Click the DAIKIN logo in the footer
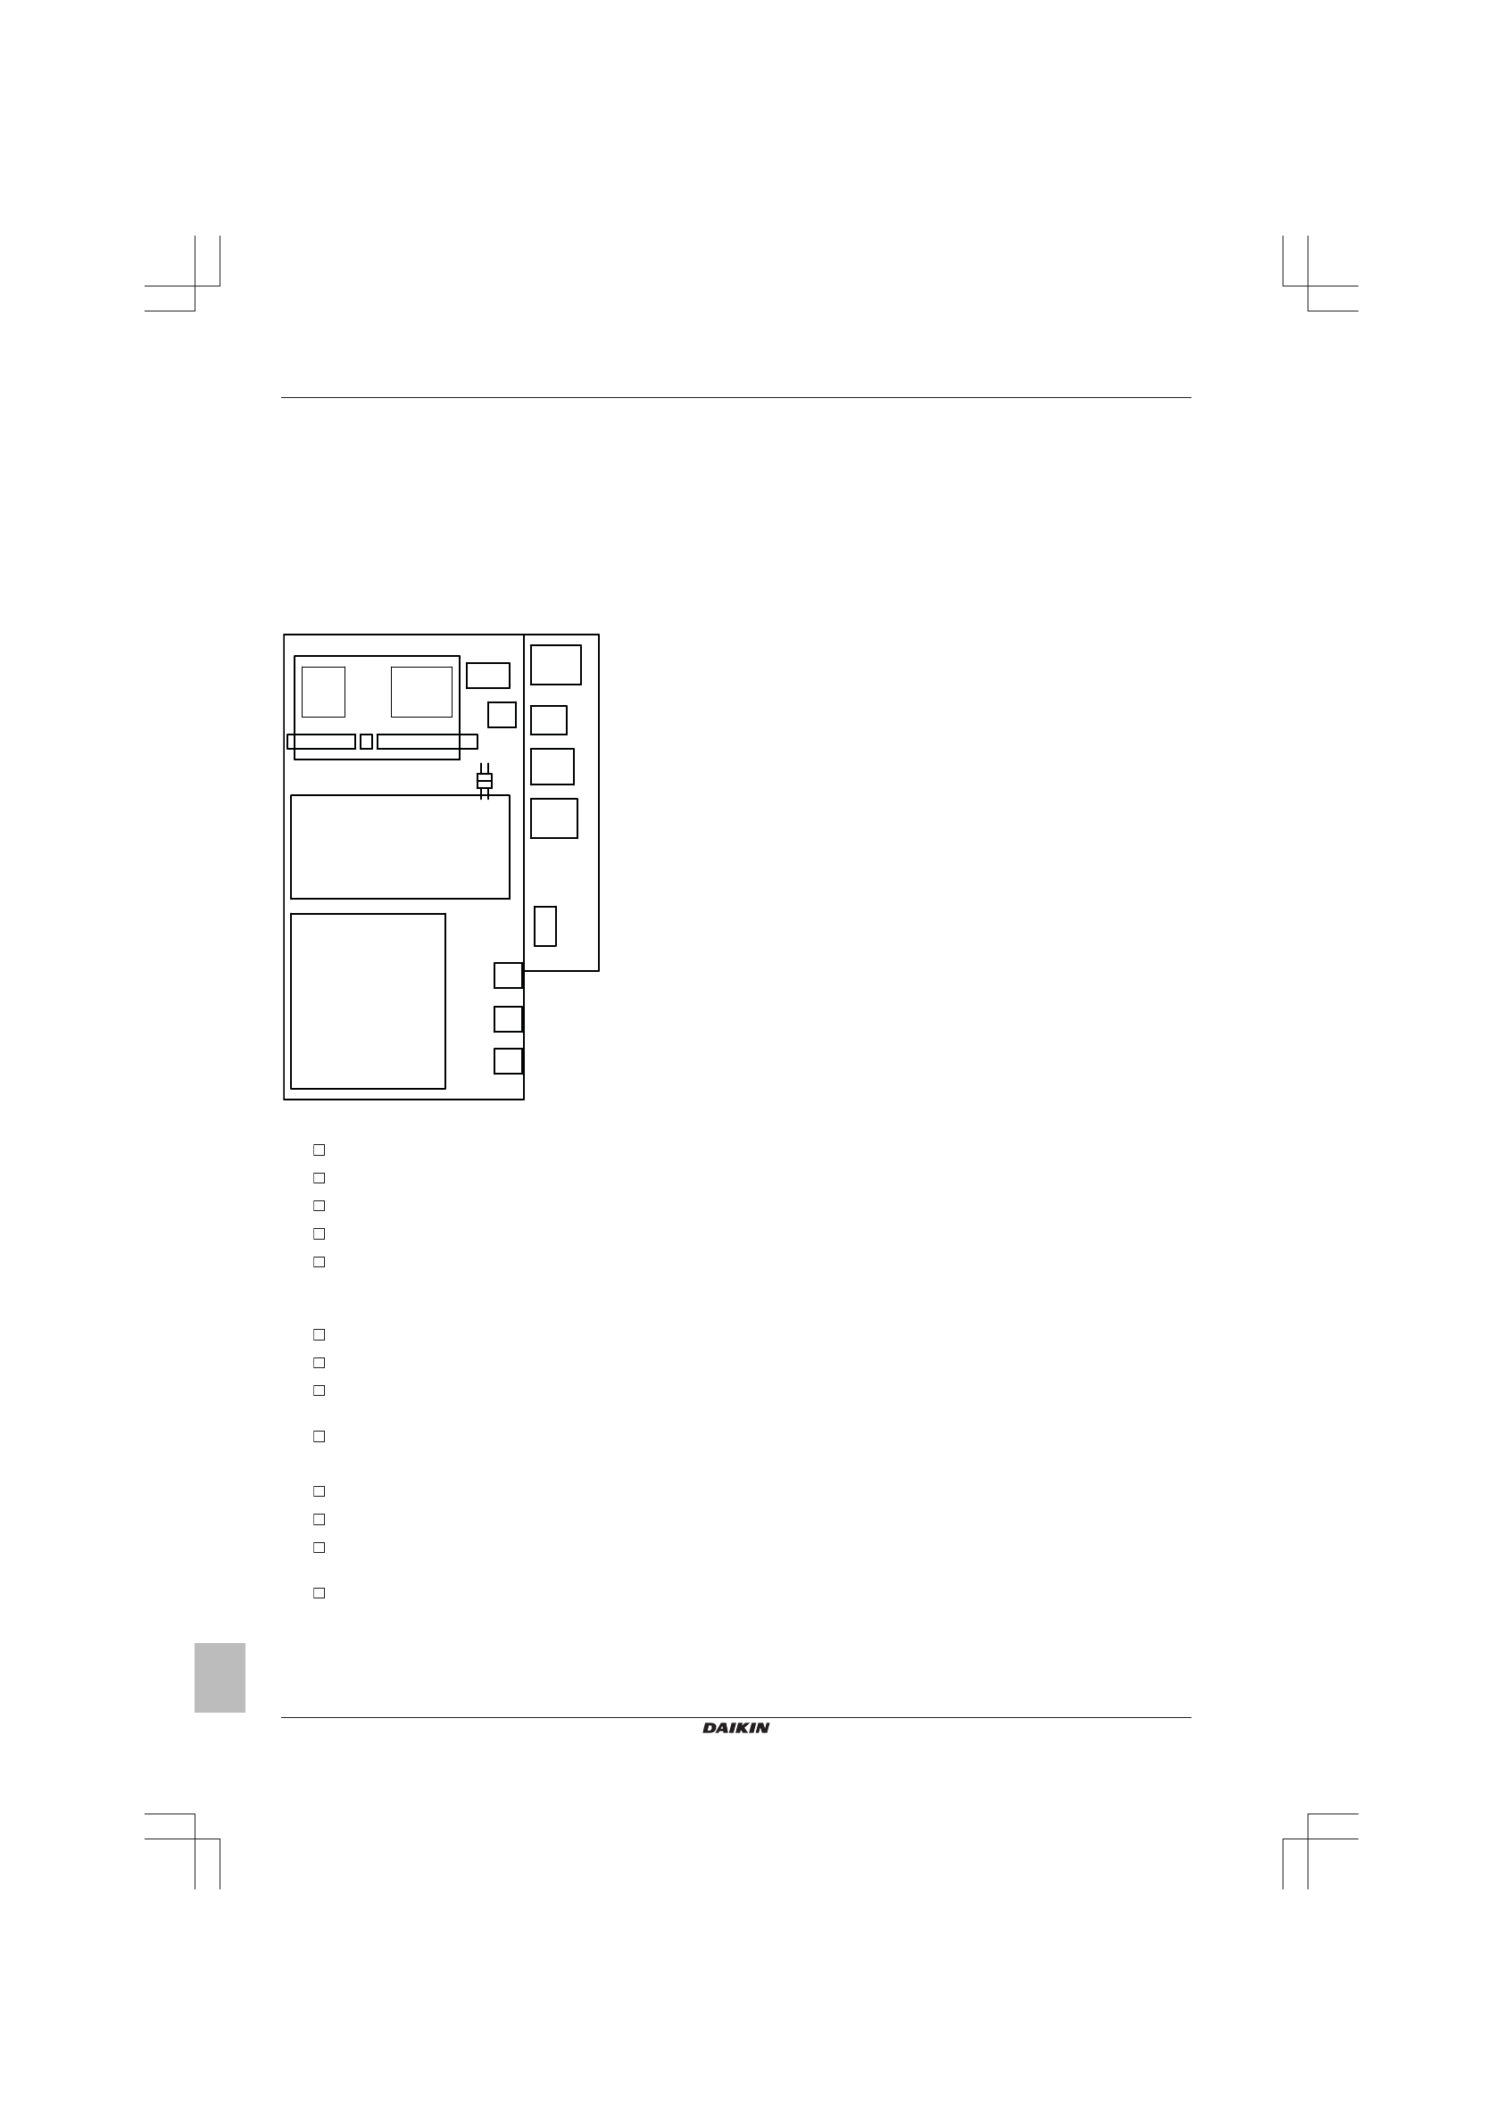click(x=735, y=1728)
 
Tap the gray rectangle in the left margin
click(x=220, y=1678)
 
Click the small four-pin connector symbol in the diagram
click(x=484, y=781)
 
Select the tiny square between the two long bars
click(x=367, y=742)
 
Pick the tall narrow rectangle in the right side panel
click(x=545, y=926)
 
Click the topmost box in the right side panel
click(x=556, y=665)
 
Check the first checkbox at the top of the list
click(x=320, y=1150)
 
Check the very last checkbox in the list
click(x=320, y=1593)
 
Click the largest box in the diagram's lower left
click(x=369, y=1001)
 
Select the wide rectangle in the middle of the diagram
click(x=400, y=847)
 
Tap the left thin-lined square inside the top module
click(x=323, y=692)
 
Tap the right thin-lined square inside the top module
click(x=422, y=692)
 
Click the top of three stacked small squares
click(x=508, y=975)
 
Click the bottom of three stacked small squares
click(x=508, y=1060)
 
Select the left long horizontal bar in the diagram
click(x=321, y=742)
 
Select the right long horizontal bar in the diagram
click(x=428, y=742)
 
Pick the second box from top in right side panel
click(x=549, y=720)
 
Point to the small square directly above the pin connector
click(x=502, y=715)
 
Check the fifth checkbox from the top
click(x=320, y=1261)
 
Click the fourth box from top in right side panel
click(x=554, y=818)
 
